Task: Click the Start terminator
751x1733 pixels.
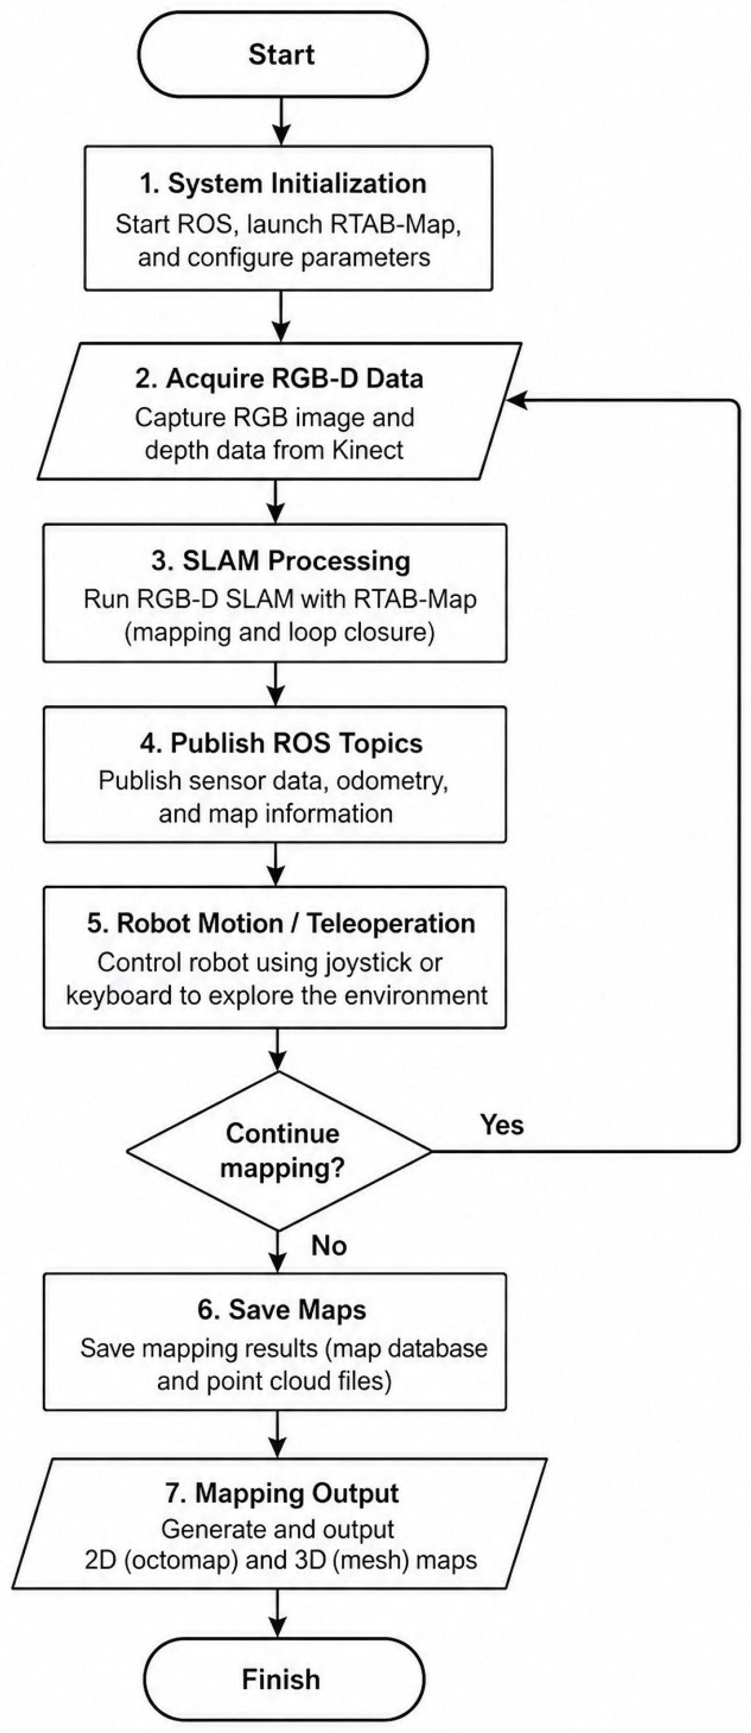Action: [282, 54]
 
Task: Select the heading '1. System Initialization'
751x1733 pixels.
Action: [282, 183]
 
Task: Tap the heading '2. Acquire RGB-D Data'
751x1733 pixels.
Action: [279, 378]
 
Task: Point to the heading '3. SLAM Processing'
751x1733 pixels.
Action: [280, 561]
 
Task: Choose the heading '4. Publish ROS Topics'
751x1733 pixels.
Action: [281, 742]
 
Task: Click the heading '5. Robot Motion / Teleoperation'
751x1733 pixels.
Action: [281, 923]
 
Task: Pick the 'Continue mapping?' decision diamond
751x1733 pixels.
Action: [279, 1151]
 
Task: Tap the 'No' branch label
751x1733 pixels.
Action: [329, 1245]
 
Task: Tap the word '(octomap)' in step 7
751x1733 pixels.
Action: [181, 1559]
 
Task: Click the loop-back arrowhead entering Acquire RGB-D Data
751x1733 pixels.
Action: [516, 400]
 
